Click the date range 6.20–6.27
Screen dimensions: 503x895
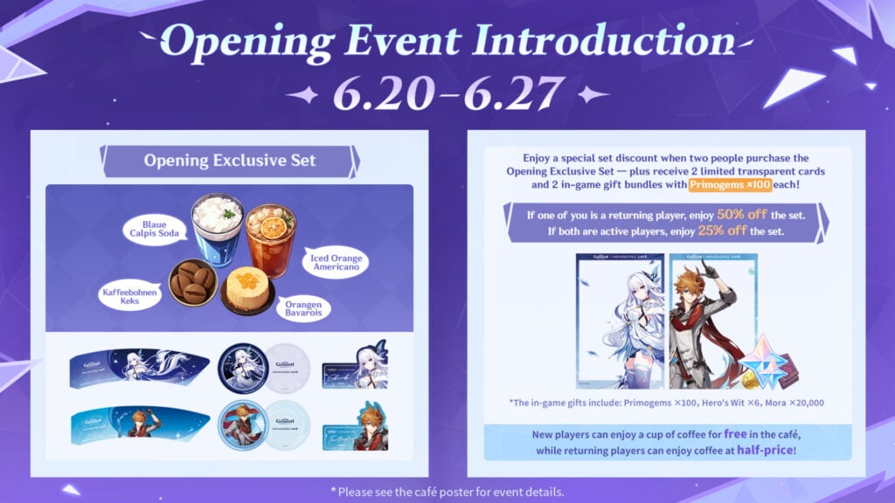pos(447,93)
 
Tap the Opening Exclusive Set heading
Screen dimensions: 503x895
pos(230,162)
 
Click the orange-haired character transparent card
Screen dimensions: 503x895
pos(710,320)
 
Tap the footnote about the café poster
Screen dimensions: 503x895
pos(447,491)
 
